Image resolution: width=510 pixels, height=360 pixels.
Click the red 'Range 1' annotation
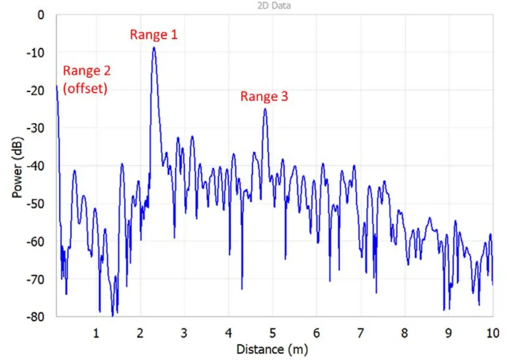pyautogui.click(x=154, y=34)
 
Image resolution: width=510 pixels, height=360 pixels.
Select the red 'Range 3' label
pyautogui.click(x=264, y=96)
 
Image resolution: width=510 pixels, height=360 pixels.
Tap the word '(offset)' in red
pyautogui.click(x=85, y=89)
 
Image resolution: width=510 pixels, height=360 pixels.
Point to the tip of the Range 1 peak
pyautogui.click(x=154, y=47)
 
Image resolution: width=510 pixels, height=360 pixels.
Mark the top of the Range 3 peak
pyautogui.click(x=265, y=109)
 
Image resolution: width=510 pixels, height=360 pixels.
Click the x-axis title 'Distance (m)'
pyautogui.click(x=272, y=348)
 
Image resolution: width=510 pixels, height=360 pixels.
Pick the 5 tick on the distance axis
pyautogui.click(x=272, y=333)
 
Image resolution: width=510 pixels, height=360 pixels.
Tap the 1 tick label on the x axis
pyautogui.click(x=96, y=333)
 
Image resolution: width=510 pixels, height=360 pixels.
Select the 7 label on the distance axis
pyautogui.click(x=360, y=333)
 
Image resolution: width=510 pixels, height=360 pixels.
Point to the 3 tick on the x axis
pyautogui.click(x=184, y=333)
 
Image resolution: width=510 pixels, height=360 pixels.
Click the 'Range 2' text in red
pyautogui.click(x=87, y=71)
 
